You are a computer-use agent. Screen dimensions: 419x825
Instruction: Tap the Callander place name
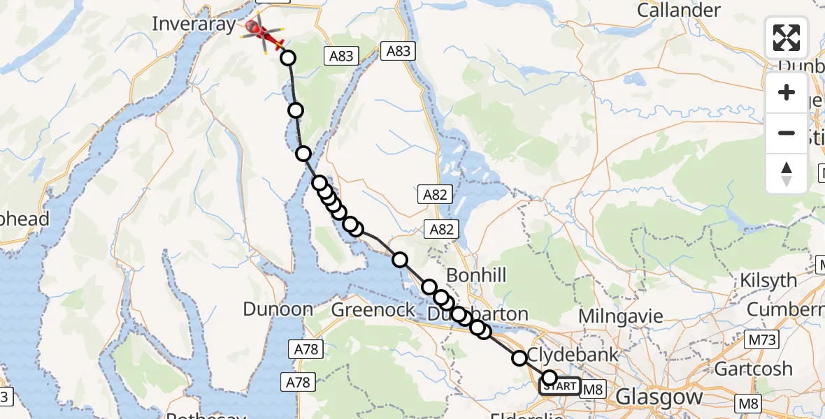click(x=679, y=10)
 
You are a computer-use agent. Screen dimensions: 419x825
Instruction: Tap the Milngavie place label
click(x=620, y=316)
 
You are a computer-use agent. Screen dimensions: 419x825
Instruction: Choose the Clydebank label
click(x=573, y=354)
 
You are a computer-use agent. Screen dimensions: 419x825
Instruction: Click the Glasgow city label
click(x=659, y=397)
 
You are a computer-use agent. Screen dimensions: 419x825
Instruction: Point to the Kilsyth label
click(x=768, y=281)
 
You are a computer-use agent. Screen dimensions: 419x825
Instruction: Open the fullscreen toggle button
click(x=787, y=38)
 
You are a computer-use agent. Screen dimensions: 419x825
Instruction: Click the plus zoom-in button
click(x=787, y=93)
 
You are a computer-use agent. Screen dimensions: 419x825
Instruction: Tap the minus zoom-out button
click(x=787, y=133)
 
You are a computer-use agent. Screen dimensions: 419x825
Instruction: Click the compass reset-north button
click(x=787, y=173)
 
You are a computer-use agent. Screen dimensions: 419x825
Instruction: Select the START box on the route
click(x=559, y=386)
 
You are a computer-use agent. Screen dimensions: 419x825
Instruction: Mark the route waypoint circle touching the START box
click(x=550, y=378)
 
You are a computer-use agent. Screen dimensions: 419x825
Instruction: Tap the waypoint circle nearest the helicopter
click(x=288, y=58)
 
